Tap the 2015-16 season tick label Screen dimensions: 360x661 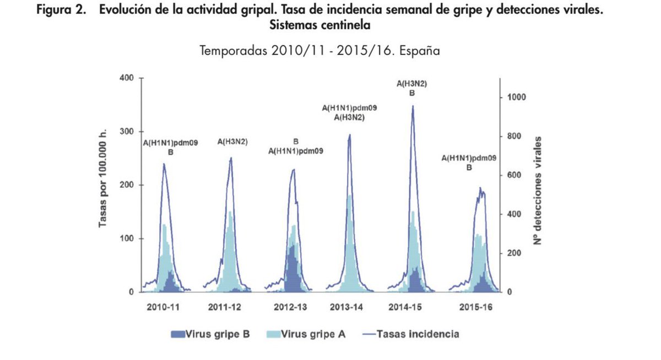coord(475,306)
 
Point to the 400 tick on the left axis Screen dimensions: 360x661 coord(127,78)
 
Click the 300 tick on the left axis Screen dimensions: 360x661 coord(127,132)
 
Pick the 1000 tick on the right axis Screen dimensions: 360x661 coord(518,97)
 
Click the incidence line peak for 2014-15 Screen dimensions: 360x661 coord(412,106)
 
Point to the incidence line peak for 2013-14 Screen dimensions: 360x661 coord(349,135)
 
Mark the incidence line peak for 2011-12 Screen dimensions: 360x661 coord(231,158)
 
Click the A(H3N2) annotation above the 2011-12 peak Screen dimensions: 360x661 coord(232,141)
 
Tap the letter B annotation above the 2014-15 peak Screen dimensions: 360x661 coord(412,93)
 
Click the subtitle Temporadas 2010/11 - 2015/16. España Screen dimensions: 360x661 coord(319,52)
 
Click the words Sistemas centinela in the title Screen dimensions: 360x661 coord(319,25)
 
